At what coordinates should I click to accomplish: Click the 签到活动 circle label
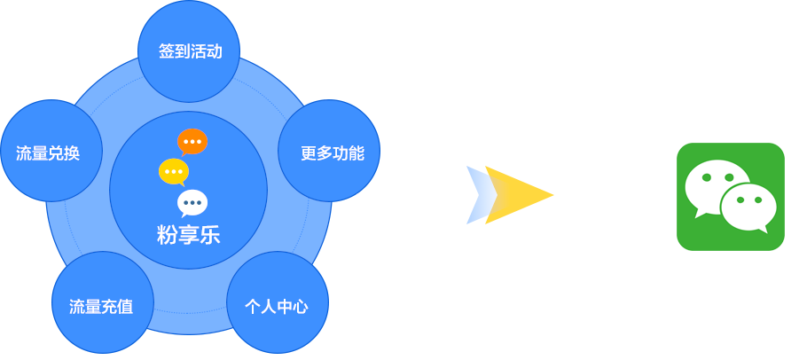point(190,51)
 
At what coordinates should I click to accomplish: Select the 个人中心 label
point(277,307)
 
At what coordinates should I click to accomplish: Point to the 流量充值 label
point(101,307)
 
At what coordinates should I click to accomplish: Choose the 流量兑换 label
point(48,153)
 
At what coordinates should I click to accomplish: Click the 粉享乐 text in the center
point(188,235)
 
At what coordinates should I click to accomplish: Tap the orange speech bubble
point(192,141)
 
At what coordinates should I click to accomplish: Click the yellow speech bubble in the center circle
point(174,170)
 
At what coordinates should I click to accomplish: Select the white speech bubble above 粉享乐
point(192,202)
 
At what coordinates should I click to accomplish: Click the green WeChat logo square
point(730,197)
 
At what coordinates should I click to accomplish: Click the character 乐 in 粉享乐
point(209,235)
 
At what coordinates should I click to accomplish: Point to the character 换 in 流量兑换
point(72,153)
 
